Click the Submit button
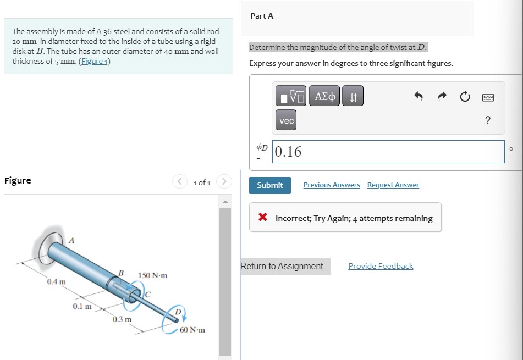270,185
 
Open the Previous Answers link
332,185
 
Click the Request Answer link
393,185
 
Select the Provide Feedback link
381,266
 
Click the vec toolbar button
286,120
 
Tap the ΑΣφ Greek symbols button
324,97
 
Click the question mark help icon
488,121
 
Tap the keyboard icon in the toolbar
488,98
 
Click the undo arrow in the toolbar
419,97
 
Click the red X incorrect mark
263,218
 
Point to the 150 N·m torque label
152,275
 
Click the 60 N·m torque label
192,330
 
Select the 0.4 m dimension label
56,282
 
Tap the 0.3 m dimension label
122,319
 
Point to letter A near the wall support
71,239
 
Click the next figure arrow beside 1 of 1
224,182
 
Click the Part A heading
262,16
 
